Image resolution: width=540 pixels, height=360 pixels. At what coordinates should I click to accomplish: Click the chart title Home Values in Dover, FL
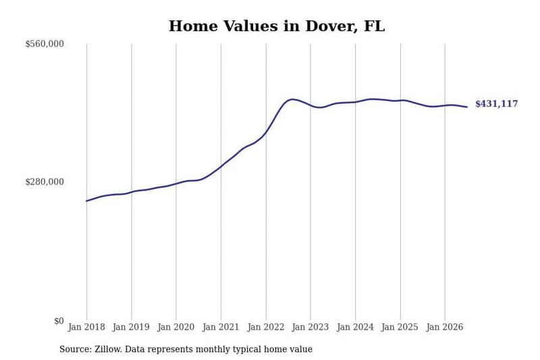pos(277,26)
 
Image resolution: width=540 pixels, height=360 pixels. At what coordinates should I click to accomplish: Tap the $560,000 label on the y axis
pos(45,44)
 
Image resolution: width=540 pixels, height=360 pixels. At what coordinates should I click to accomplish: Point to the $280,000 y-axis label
pos(45,182)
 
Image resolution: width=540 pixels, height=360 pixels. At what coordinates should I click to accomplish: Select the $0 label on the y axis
pos(59,321)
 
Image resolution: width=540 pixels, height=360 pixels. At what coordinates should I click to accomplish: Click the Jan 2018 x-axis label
pos(86,327)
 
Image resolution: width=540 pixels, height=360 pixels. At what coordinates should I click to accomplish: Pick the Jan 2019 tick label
pos(131,327)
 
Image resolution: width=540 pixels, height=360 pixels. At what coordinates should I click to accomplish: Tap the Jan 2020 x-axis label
pos(176,327)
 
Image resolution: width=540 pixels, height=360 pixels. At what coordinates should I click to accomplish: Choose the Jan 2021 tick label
pos(221,327)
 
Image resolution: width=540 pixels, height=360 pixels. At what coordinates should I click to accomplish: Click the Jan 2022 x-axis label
pos(266,327)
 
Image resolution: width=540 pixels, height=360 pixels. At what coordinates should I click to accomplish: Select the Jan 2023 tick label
pos(310,327)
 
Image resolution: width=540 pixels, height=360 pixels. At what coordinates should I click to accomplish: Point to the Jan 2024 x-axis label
pos(355,327)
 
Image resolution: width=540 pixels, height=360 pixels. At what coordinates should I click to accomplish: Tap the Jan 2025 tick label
pos(400,327)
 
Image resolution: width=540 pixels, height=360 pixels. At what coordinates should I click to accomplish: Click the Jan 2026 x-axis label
pos(445,327)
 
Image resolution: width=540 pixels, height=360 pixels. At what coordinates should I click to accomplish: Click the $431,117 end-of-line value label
pos(497,104)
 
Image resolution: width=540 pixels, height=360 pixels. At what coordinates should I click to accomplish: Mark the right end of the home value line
pos(467,107)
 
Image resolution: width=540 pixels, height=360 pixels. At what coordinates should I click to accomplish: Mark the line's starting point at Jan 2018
pos(86,201)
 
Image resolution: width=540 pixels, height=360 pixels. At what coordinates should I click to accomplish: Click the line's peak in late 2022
pos(292,99)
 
